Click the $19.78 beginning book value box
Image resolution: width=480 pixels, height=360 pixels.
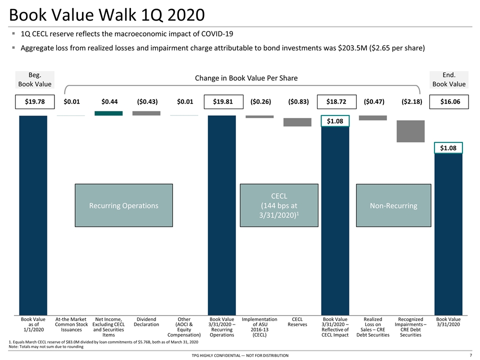[x=35, y=101]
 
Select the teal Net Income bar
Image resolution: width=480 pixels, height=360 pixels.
[x=108, y=113]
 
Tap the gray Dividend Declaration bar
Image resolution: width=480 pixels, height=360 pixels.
[x=146, y=113]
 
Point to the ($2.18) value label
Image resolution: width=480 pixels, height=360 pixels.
[x=411, y=101]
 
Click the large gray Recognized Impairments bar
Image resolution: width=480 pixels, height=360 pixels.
[x=410, y=131]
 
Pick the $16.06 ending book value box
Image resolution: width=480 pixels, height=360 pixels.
[x=449, y=101]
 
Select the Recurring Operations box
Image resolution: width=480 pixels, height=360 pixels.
[x=124, y=205]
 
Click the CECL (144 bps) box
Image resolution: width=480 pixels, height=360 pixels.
[x=279, y=205]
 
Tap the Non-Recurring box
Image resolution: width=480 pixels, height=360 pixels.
[x=393, y=205]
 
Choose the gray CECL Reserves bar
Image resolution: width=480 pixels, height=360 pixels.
[x=297, y=122]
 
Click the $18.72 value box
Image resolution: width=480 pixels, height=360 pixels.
[x=336, y=101]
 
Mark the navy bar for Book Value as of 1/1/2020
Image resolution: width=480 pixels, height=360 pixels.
[x=33, y=215]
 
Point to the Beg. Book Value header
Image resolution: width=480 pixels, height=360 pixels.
[x=35, y=79]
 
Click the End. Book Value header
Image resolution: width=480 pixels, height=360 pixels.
[x=449, y=79]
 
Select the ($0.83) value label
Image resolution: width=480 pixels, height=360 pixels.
[x=298, y=101]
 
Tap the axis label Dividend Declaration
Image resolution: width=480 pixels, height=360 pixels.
[x=146, y=321]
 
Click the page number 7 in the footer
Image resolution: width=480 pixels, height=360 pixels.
[x=471, y=355]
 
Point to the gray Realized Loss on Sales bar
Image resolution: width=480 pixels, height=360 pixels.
[x=373, y=118]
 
